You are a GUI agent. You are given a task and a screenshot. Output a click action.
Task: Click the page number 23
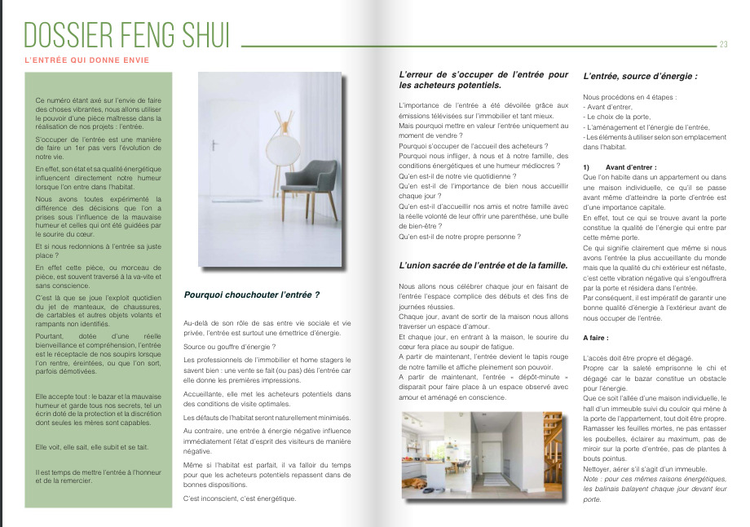[723, 45]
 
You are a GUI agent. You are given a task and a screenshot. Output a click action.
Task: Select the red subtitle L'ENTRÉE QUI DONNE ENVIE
[86, 60]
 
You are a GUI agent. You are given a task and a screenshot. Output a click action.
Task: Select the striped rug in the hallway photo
[491, 482]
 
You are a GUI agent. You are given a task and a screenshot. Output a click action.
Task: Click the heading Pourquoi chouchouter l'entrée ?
[252, 294]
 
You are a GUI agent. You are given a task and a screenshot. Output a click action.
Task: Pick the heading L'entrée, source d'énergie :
[640, 77]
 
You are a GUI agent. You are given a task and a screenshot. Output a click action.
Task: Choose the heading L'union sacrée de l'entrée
[483, 266]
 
